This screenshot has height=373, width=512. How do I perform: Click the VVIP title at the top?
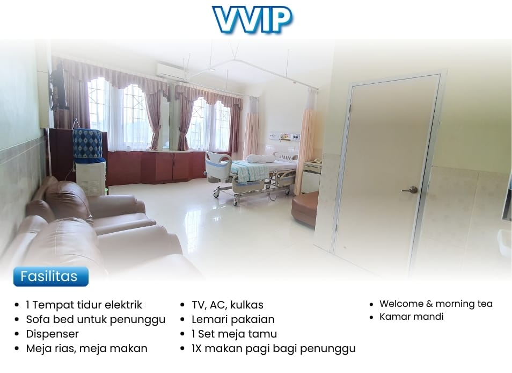point(252,19)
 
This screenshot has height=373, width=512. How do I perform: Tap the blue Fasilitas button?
point(51,277)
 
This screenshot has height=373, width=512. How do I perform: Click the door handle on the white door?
point(411,190)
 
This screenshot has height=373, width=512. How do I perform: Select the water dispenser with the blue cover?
point(89,161)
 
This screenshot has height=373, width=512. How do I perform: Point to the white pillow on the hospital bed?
point(261,159)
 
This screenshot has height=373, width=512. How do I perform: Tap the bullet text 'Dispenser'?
point(52,334)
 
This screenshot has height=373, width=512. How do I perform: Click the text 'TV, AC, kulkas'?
point(227,305)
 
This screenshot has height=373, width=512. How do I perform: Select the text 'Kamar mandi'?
point(412,317)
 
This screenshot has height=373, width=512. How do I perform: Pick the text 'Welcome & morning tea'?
point(436,304)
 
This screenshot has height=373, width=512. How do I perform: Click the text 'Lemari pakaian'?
point(233,319)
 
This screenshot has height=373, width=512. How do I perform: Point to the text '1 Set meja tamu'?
point(234,334)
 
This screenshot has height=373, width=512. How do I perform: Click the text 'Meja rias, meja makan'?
point(86,348)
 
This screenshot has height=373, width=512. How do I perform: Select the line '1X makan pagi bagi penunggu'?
point(274,348)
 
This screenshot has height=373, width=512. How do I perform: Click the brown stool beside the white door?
point(305,209)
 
